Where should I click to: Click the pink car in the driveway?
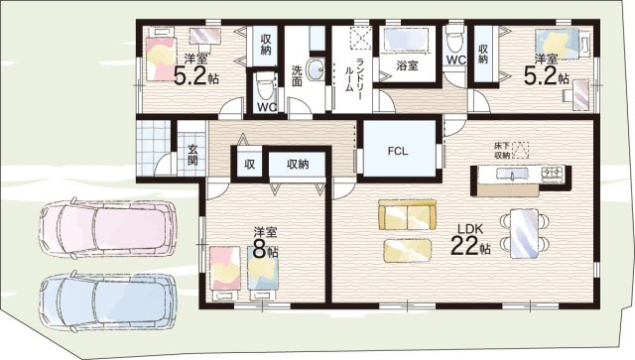108,228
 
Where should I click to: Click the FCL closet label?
397,152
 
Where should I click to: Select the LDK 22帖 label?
470,240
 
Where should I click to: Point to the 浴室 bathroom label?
407,65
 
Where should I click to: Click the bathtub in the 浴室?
409,40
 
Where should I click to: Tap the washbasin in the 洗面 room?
315,69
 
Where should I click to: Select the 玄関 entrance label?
192,155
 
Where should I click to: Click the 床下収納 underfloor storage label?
501,150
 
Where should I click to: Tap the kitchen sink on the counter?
512,175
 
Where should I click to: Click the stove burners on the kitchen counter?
552,175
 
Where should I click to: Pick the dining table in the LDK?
525,233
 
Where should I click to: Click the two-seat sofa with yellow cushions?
407,214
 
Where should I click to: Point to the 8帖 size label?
265,249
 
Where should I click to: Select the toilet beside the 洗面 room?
265,86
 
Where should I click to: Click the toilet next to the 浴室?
455,39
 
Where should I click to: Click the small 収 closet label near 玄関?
249,164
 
